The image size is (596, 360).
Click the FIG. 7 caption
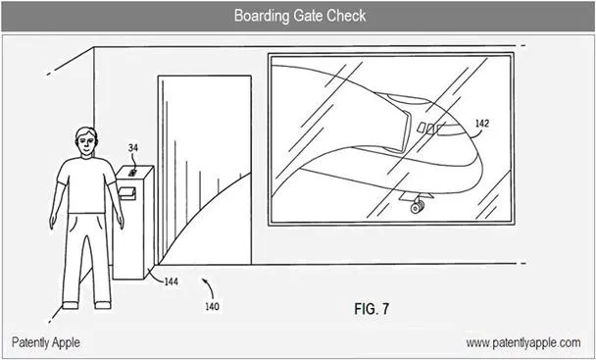point(372,309)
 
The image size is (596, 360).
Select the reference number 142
point(482,124)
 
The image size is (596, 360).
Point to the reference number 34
point(132,148)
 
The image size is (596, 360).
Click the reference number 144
point(171,282)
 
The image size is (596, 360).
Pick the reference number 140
point(212,306)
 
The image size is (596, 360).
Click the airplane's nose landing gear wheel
point(417,208)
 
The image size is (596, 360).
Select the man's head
point(86,141)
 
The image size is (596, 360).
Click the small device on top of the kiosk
point(132,173)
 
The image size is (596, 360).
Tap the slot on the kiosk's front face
point(126,193)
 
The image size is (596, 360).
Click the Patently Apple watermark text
point(46,342)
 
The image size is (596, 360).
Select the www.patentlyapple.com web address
point(523,342)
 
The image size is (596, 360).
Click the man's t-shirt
point(86,185)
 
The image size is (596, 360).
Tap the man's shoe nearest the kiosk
point(103,305)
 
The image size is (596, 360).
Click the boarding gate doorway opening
point(205,170)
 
